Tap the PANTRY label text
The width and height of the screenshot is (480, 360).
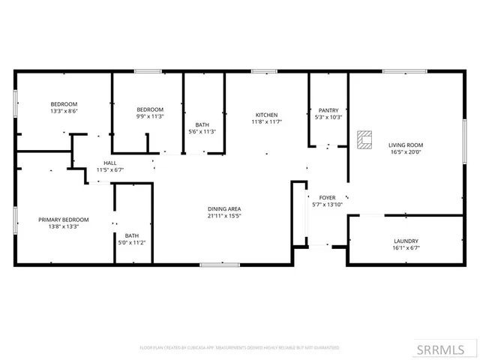click(328, 109)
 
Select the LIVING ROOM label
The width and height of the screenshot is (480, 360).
click(405, 145)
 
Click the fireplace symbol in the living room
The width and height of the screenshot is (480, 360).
click(365, 139)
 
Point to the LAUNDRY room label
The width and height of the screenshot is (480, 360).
click(405, 241)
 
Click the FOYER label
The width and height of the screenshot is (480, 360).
click(327, 197)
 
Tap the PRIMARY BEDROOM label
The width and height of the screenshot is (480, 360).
click(64, 219)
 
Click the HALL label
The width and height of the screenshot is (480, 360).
click(110, 163)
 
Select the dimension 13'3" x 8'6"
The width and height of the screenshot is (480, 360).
click(64, 111)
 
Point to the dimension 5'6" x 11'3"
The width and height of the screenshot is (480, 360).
click(202, 131)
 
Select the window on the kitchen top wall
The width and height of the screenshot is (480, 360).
click(265, 71)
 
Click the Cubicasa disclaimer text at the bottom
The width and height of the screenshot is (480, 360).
click(239, 348)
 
